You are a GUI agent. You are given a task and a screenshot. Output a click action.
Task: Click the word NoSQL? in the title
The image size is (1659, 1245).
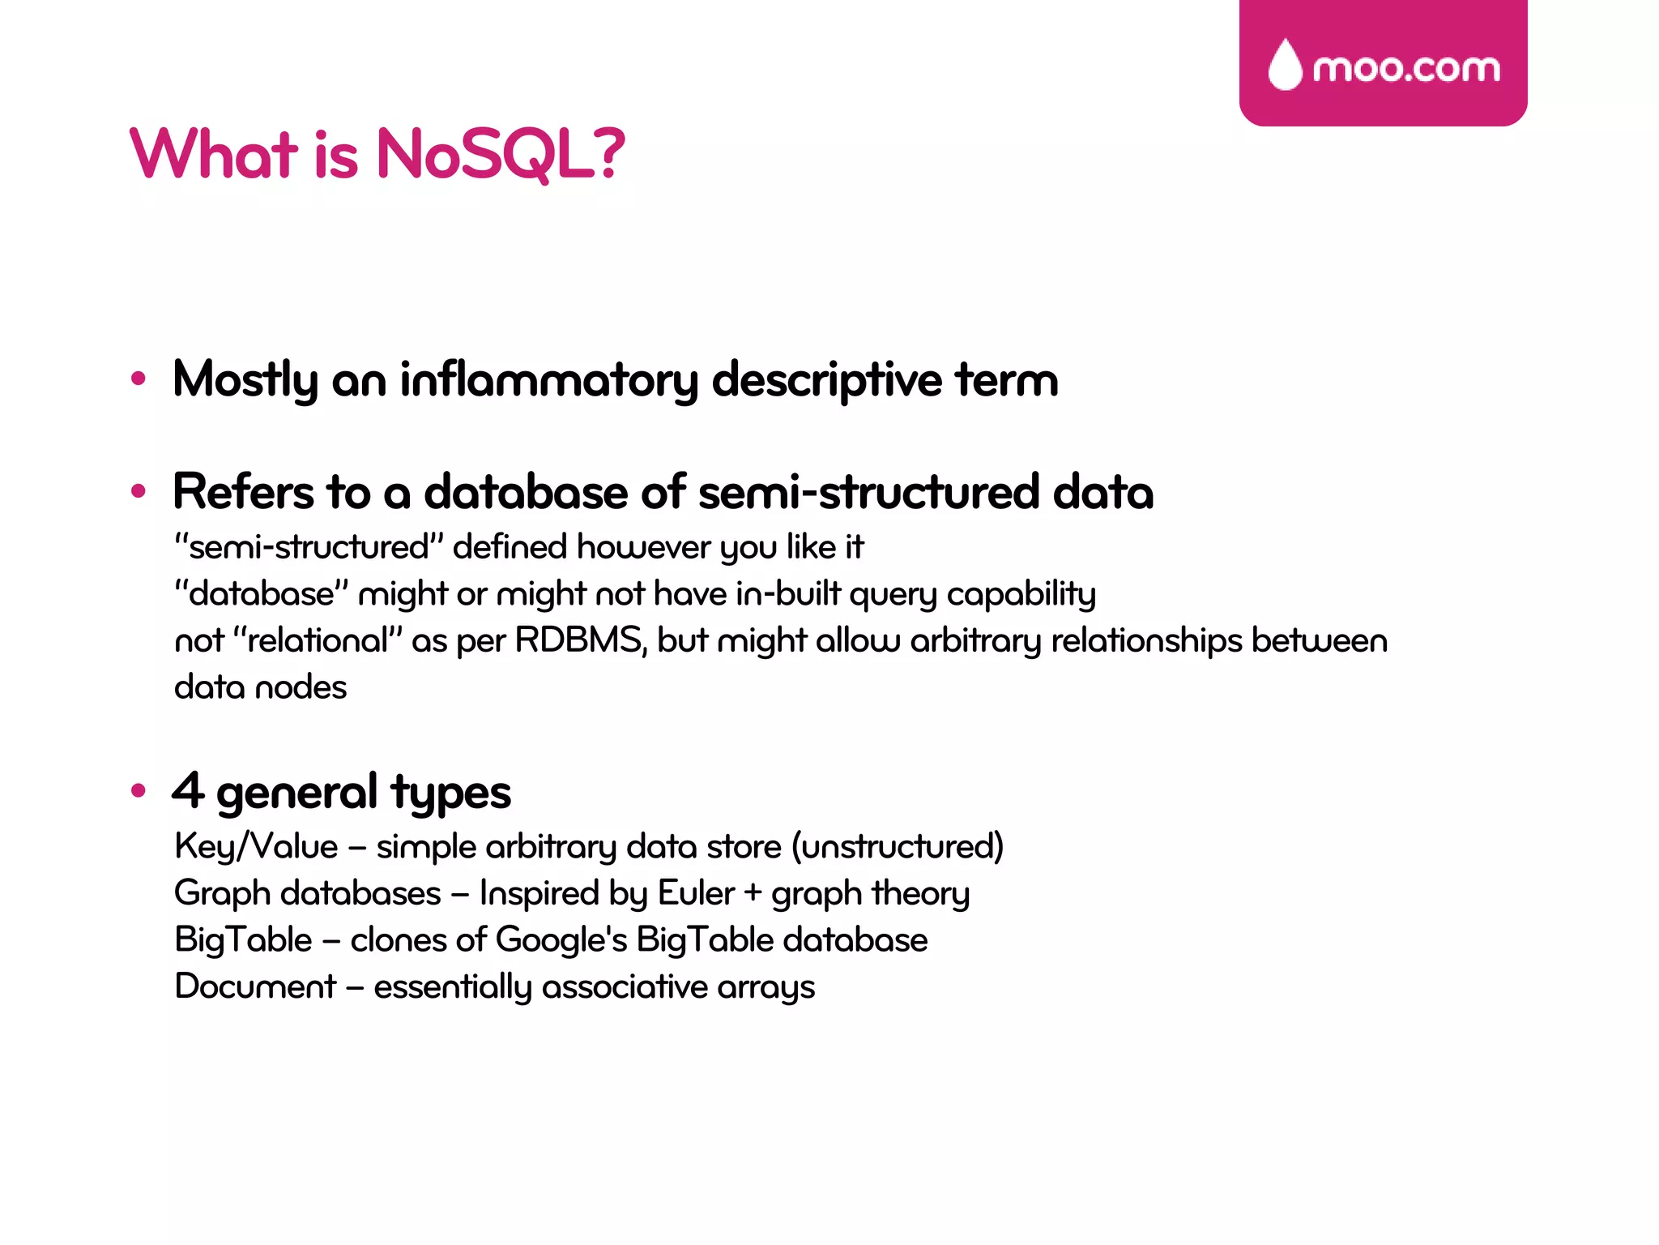[x=501, y=154]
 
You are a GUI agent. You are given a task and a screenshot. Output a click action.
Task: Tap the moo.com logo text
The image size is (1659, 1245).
[x=1406, y=68]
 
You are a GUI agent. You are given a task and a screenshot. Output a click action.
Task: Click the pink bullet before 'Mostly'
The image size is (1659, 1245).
[x=139, y=378]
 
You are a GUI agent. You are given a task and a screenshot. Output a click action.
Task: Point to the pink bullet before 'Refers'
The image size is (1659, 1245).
[x=139, y=490]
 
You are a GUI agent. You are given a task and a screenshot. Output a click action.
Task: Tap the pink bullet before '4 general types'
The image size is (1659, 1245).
[x=139, y=790]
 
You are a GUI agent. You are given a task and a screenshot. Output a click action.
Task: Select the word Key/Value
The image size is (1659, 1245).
[x=256, y=847]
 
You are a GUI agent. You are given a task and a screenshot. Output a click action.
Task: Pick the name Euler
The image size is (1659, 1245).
[x=696, y=893]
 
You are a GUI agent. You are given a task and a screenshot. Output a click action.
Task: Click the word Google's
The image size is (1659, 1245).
[x=561, y=940]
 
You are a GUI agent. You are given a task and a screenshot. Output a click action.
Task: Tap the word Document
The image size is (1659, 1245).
[x=255, y=986]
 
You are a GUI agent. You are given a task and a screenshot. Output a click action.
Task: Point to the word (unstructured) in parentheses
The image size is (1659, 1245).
[x=898, y=847]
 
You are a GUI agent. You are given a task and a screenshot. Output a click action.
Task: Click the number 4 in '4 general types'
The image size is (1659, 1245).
[x=188, y=790]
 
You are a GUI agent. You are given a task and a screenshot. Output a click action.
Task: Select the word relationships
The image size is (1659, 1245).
[x=1146, y=640]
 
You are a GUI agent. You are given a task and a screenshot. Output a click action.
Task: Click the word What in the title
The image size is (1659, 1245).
[x=214, y=154]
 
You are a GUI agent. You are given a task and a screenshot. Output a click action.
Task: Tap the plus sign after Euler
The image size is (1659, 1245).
[x=753, y=893]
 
